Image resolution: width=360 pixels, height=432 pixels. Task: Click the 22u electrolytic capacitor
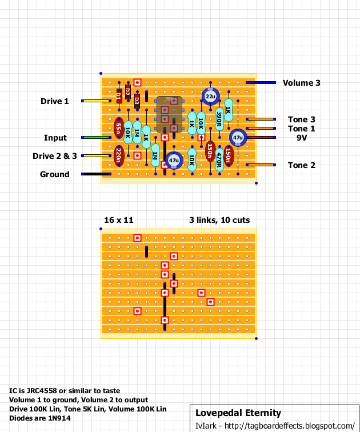210,97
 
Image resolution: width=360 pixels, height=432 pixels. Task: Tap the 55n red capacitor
118,129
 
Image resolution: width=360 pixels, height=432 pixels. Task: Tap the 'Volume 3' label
306,83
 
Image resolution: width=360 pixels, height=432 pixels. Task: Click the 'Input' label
55,138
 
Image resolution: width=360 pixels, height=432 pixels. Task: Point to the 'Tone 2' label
301,165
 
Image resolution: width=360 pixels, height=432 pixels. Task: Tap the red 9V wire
260,138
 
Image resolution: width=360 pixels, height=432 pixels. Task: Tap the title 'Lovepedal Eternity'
238,413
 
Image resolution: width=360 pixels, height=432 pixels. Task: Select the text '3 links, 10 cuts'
219,220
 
